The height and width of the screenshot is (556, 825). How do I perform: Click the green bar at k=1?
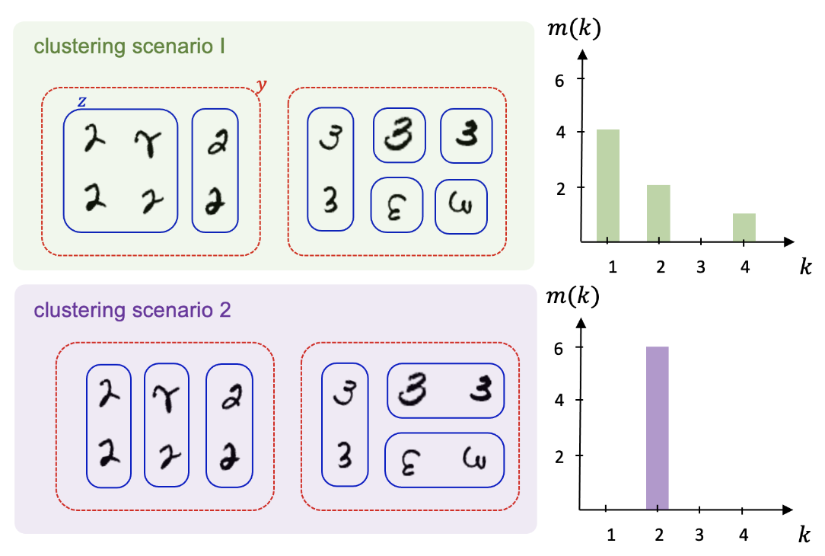(607, 185)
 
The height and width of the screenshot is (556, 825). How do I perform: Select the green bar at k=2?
(658, 213)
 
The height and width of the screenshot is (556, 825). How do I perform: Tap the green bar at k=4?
(744, 228)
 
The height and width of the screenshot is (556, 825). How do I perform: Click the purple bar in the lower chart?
(657, 428)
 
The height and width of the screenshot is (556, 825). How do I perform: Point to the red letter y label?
(262, 85)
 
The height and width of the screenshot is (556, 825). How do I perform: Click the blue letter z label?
(81, 101)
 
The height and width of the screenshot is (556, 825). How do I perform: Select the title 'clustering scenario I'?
(129, 46)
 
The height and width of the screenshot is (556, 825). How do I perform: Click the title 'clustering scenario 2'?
(132, 310)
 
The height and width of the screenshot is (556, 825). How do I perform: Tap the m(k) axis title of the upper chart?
(574, 27)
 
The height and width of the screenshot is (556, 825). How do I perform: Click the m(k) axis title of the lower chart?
(573, 296)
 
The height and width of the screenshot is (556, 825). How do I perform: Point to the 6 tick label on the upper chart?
(559, 81)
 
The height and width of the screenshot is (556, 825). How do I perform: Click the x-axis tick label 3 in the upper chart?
(701, 267)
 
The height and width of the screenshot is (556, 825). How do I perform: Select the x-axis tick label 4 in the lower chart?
(744, 535)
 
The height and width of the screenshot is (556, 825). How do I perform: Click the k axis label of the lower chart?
(804, 535)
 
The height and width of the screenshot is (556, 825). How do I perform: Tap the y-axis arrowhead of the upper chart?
(582, 54)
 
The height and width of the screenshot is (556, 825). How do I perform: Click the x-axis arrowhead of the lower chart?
(788, 510)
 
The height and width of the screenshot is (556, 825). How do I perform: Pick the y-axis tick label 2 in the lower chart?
(559, 456)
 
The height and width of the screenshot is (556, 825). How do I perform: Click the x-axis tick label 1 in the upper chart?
(613, 267)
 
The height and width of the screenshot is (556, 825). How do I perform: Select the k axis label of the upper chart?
(805, 267)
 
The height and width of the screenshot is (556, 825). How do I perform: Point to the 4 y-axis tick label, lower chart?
(559, 400)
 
